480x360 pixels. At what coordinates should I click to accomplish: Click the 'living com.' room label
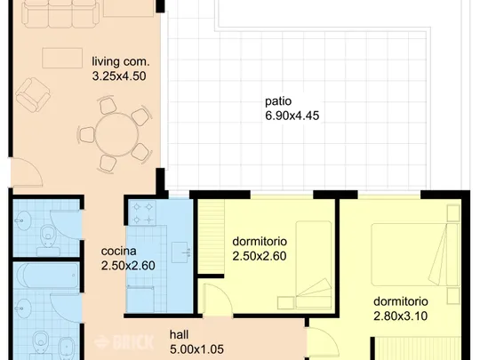point(121,61)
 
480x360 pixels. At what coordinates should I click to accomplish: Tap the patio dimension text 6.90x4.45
point(292,116)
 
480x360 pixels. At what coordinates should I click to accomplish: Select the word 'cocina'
point(119,252)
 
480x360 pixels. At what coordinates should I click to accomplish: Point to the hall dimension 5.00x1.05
point(196,349)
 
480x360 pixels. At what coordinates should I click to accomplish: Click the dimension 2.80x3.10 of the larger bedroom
point(400,316)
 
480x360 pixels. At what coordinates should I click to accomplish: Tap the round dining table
point(116,134)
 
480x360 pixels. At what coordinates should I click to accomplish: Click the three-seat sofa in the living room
point(61,13)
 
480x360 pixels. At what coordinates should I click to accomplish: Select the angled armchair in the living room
point(33,94)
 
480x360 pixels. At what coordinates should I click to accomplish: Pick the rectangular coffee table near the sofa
point(62,58)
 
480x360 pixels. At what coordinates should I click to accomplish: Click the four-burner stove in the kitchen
point(142,213)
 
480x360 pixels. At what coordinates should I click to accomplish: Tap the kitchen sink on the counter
point(180,252)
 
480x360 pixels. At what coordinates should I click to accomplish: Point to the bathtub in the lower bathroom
point(47,276)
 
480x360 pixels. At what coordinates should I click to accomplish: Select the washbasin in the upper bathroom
point(21,220)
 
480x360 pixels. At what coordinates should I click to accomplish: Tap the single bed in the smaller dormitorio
point(314,265)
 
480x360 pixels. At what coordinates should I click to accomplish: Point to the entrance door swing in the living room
point(27,172)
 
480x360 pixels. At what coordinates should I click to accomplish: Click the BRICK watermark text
point(124,342)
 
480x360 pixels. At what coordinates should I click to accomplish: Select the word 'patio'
point(278,101)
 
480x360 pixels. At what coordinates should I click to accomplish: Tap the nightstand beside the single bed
point(286,303)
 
